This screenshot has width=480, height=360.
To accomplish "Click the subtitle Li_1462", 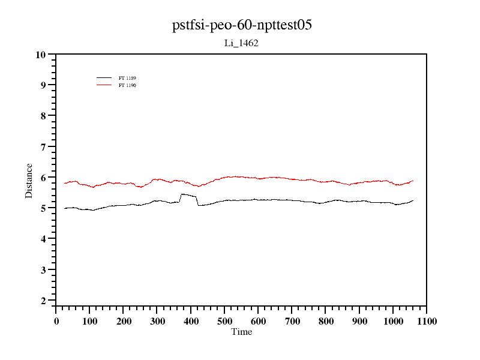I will coord(241,43).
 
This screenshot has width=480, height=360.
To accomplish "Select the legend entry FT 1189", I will coord(127,78).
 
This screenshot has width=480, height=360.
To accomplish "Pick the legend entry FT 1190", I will coord(127,85).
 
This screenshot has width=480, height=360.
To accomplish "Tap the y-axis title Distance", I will coord(29,180).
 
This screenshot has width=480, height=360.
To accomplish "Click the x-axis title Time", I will coord(242,332).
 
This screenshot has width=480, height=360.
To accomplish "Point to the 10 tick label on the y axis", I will coord(41,55).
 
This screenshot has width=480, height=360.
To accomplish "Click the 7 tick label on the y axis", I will coord(43,147).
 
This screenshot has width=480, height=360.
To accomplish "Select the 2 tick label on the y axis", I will coord(43,301).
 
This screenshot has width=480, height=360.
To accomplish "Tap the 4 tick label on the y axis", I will coord(43,239).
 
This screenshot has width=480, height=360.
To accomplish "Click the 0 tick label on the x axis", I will coord(56,322).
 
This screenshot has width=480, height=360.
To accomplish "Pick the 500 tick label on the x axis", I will coord(224,322).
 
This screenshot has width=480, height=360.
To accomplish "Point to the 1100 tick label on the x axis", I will coord(426,322).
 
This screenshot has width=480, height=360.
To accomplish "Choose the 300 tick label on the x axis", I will coord(157,322).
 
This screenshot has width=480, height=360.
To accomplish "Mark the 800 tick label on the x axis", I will coord(325,322).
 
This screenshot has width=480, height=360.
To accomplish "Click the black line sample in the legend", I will coord(104,78).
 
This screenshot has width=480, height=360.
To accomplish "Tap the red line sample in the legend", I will coord(104,85).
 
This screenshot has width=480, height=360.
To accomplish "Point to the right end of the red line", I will coord(413,181).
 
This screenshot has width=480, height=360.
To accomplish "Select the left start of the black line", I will coord(64,208).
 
